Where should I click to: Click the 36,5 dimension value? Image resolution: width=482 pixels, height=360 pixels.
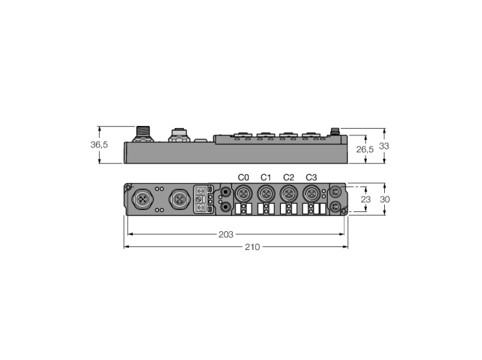click(x=99, y=145)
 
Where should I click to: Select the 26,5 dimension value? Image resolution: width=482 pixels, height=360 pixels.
click(x=365, y=149)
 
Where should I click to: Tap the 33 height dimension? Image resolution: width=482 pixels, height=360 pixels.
click(x=384, y=146)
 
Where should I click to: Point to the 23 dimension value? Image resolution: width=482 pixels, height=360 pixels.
click(x=366, y=200)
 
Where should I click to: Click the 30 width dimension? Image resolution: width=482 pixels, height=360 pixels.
click(x=384, y=200)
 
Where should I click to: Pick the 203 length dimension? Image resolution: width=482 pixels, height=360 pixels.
click(x=226, y=235)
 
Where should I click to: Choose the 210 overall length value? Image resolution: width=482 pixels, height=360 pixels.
click(x=253, y=247)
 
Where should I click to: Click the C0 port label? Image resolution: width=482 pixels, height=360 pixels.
click(x=243, y=178)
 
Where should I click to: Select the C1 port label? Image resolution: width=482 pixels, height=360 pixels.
click(x=266, y=178)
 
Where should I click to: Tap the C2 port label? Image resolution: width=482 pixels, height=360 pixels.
click(x=289, y=178)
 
